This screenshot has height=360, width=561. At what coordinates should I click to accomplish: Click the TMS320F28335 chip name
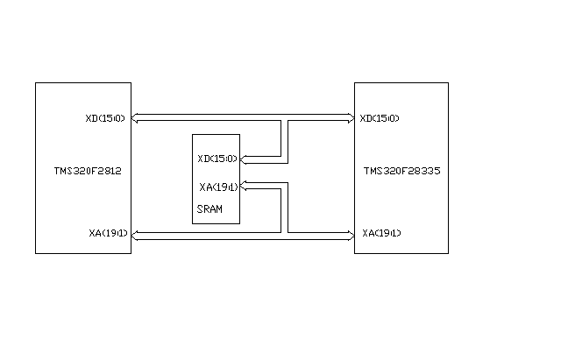click(x=401, y=172)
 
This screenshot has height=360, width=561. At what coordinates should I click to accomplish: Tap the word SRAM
click(x=209, y=209)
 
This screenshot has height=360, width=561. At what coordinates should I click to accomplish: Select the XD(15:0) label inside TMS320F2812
click(x=106, y=117)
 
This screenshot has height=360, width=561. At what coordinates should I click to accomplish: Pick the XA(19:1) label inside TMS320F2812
click(x=109, y=233)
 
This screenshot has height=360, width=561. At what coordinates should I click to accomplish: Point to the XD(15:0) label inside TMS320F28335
click(x=380, y=117)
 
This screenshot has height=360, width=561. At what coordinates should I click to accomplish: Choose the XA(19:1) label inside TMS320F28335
click(x=381, y=233)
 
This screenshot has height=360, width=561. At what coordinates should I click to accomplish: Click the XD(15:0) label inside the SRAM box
click(x=217, y=159)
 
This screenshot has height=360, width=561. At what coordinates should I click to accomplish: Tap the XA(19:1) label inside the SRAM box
click(x=218, y=187)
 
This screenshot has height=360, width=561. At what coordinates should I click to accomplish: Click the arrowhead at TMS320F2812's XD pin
click(x=135, y=117)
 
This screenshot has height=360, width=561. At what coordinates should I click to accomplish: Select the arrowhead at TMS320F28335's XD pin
click(x=350, y=117)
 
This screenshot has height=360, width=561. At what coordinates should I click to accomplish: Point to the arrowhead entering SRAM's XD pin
click(x=243, y=159)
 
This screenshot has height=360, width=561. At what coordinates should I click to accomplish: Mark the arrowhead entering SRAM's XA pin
click(x=243, y=186)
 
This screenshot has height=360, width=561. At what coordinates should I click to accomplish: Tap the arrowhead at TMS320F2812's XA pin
click(x=135, y=233)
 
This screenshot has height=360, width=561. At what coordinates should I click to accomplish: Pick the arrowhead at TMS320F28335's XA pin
click(x=350, y=233)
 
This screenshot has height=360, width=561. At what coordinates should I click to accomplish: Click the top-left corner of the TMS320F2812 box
click(x=36, y=83)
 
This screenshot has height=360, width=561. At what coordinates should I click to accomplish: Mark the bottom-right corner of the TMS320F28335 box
click(x=448, y=254)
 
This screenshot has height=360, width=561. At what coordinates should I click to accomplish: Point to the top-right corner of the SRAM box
click(x=239, y=137)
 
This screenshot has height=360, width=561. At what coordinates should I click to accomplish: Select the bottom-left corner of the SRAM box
click(x=193, y=222)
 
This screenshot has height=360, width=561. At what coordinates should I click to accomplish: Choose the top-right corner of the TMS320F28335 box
click(x=448, y=83)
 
